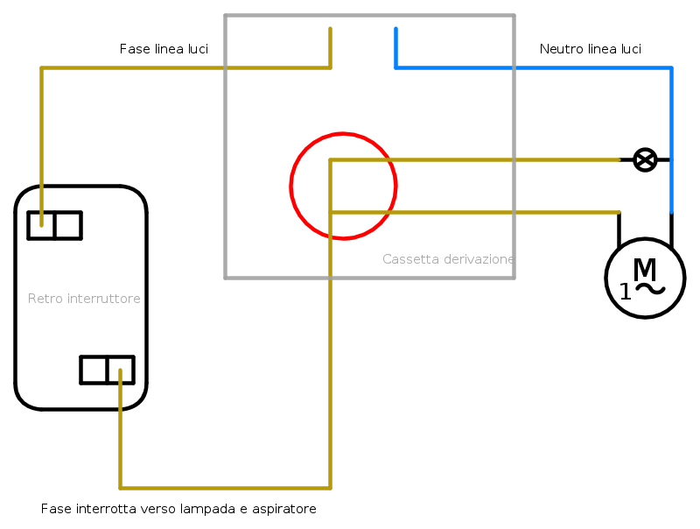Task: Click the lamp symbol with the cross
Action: point(645,159)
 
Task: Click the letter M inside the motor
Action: point(645,269)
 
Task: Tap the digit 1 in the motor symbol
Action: point(626,293)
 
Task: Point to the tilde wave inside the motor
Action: point(650,290)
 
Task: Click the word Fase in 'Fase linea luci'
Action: point(135,49)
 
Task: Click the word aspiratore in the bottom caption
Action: point(283,510)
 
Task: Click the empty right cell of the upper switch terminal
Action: point(68,226)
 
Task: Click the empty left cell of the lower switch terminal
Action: point(94,370)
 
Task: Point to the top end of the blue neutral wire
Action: point(395,29)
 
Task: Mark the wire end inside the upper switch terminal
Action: point(41,225)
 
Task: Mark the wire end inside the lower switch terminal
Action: point(120,370)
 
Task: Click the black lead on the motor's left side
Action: point(619,229)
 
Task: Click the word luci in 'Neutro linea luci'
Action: point(629,49)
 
